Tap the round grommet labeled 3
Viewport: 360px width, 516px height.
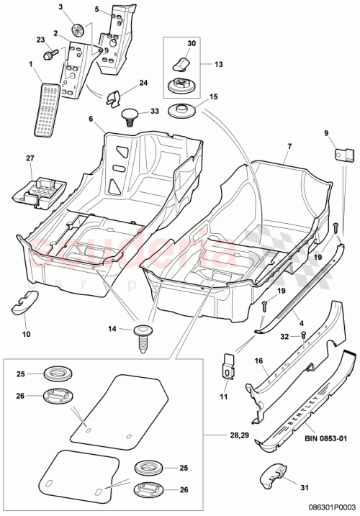pos(80,30)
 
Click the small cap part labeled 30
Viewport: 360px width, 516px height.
pos(179,56)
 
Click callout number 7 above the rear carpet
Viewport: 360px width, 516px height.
pos(289,147)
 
